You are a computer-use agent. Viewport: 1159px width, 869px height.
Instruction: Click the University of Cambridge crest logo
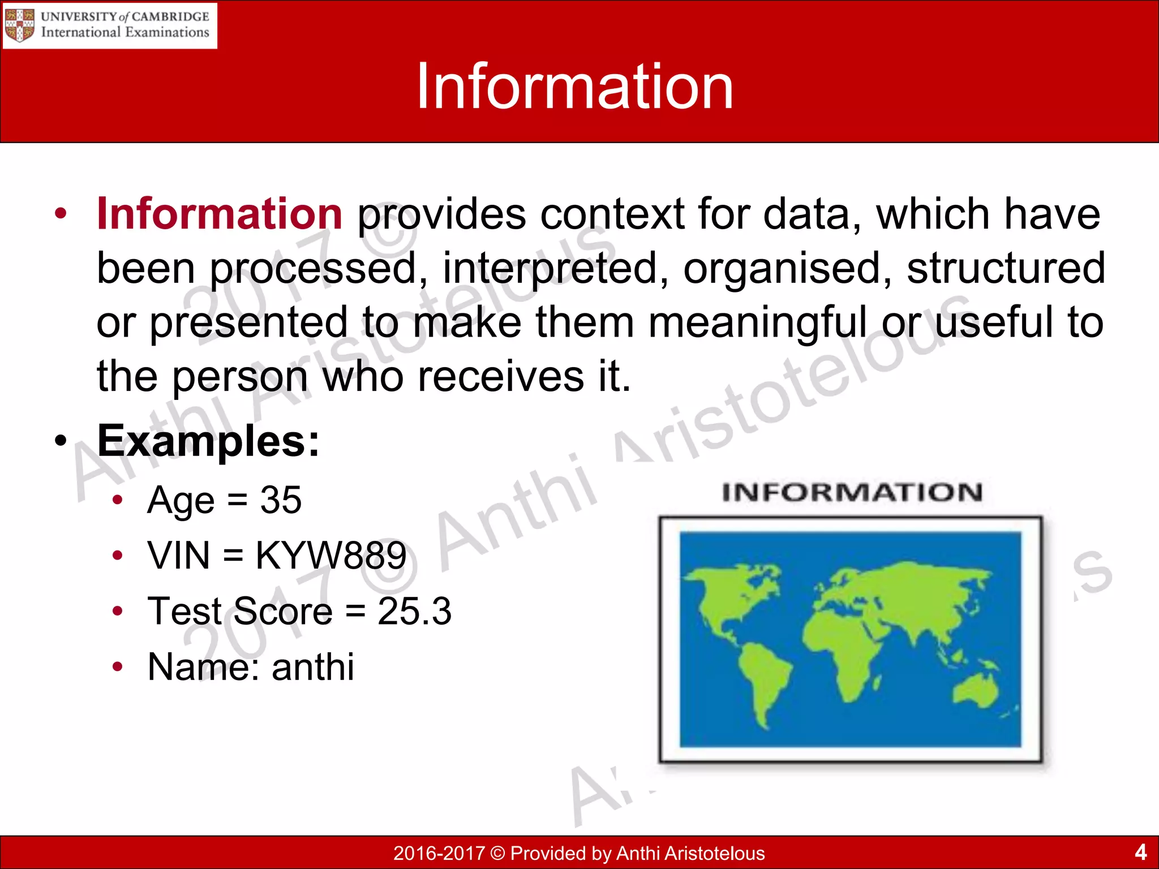click(x=20, y=25)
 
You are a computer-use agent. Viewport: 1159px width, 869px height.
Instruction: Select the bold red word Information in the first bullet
click(x=220, y=214)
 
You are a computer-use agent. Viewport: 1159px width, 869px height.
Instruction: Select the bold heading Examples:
click(x=208, y=441)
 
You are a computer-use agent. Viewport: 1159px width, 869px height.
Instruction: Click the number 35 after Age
click(x=281, y=500)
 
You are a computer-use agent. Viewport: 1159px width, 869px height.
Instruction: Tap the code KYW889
click(x=331, y=555)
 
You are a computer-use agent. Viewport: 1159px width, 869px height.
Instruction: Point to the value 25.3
click(x=415, y=611)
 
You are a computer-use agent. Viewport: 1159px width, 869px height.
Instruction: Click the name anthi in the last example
click(x=313, y=666)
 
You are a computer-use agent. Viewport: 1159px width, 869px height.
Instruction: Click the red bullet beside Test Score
click(x=118, y=611)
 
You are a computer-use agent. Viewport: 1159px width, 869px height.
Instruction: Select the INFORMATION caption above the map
click(x=852, y=493)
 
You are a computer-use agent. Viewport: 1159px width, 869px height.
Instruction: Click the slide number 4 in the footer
click(x=1140, y=851)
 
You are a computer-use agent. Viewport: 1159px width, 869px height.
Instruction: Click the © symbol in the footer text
click(x=497, y=853)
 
